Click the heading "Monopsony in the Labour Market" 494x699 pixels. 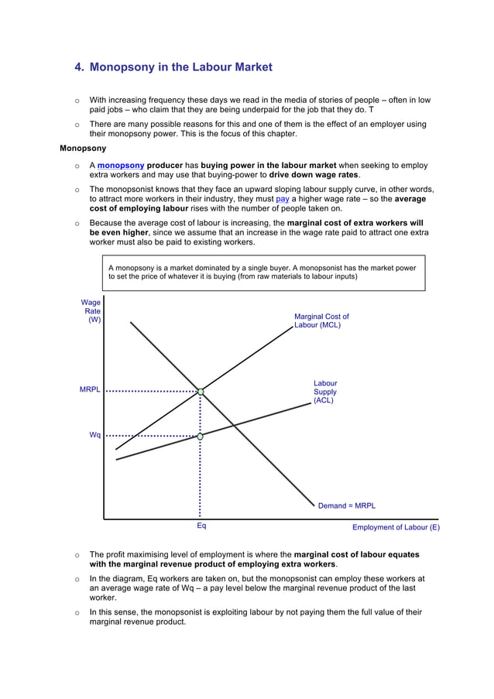coord(180,67)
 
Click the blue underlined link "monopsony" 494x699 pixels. coord(121,166)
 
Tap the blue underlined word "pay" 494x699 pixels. coord(282,199)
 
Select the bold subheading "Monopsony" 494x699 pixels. coord(83,148)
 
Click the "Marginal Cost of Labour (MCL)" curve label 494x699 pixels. coord(321,320)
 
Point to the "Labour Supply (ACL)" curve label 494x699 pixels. coord(324,392)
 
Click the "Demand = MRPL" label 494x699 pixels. coord(346,505)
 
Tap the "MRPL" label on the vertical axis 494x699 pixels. coord(90,390)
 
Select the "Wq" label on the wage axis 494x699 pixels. coord(94,435)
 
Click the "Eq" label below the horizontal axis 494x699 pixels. coord(201,526)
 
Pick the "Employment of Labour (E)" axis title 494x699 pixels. coord(396,527)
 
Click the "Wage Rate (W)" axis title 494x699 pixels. coord(91,311)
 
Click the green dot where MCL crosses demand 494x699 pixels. coord(201,392)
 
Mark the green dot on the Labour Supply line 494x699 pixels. coord(201,437)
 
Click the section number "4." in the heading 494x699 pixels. coord(79,67)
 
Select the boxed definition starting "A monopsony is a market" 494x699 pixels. coord(263,272)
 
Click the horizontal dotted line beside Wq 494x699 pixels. coord(151,436)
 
